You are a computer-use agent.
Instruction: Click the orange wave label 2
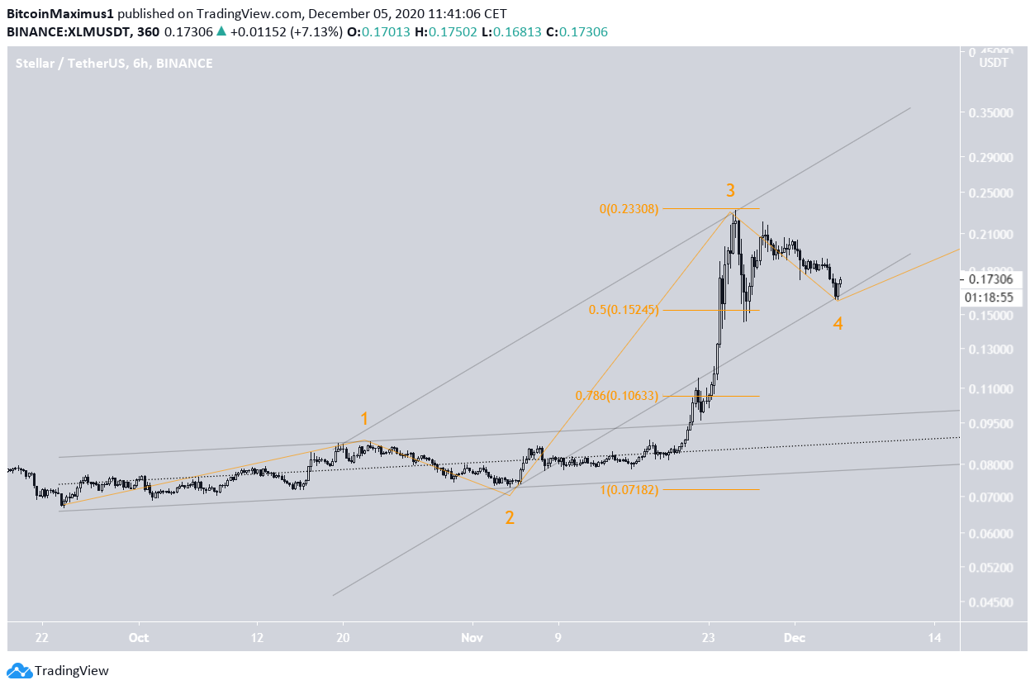pyautogui.click(x=510, y=518)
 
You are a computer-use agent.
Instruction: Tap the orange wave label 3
pyautogui.click(x=730, y=191)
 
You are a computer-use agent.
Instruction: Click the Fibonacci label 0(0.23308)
pyautogui.click(x=629, y=209)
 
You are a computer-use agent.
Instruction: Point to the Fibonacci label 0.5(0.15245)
pyautogui.click(x=624, y=310)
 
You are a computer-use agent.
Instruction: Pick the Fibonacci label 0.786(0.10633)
pyautogui.click(x=617, y=396)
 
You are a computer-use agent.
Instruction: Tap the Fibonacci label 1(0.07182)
pyautogui.click(x=629, y=490)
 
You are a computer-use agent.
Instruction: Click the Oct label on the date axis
pyautogui.click(x=139, y=637)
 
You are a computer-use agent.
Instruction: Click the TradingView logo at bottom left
pyautogui.click(x=58, y=671)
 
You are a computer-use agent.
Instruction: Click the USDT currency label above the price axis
pyautogui.click(x=993, y=64)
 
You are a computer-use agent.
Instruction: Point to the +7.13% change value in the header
pyautogui.click(x=312, y=31)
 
